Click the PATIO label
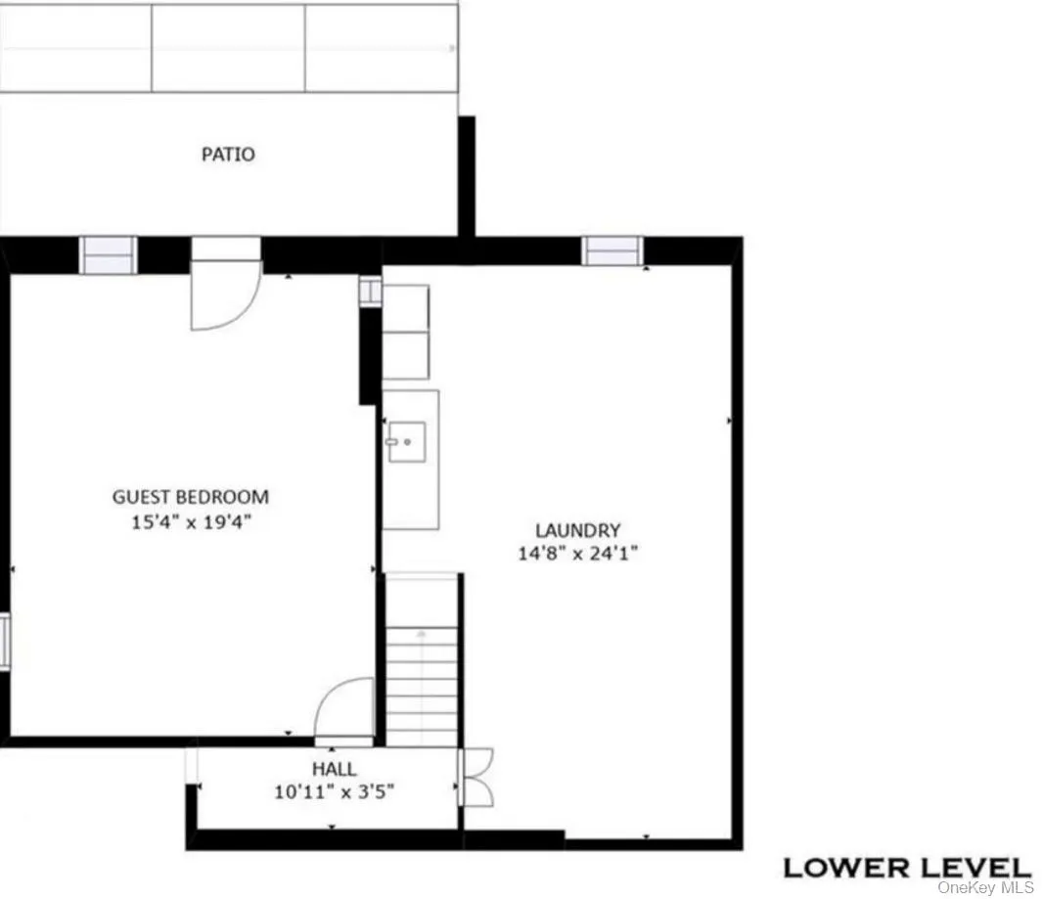(228, 154)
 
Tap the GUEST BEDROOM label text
(190, 497)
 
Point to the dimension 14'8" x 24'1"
(577, 554)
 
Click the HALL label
(334, 769)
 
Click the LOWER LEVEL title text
(906, 867)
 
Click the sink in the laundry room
(406, 441)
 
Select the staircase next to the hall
(422, 675)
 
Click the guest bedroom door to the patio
(225, 293)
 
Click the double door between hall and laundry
(476, 776)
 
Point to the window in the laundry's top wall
(612, 251)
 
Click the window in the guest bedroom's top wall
(108, 255)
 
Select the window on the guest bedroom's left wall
(5, 641)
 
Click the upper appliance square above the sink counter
(405, 307)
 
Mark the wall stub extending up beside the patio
(467, 176)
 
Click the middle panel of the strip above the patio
(228, 48)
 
